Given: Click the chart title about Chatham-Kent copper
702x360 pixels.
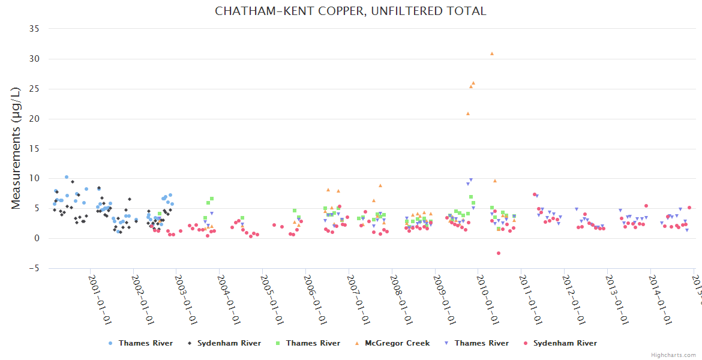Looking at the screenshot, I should (350, 11).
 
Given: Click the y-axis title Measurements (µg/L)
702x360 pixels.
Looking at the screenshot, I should (16, 149).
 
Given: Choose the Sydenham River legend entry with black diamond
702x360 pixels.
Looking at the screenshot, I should (225, 343).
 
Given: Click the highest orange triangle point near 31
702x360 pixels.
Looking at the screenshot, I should (492, 53).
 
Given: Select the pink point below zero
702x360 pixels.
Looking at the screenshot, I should (499, 253).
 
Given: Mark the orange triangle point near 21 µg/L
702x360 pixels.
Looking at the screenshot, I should (468, 113).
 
